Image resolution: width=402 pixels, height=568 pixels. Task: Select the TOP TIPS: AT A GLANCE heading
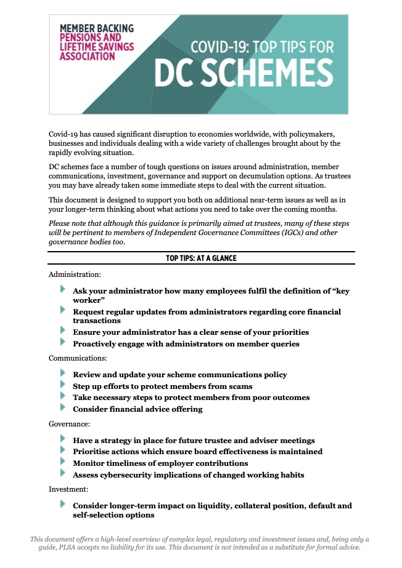(x=201, y=258)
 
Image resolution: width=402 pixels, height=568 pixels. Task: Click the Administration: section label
(x=75, y=273)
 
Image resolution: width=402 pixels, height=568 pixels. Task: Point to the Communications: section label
(x=78, y=358)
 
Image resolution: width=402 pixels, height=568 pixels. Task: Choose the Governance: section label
(x=70, y=423)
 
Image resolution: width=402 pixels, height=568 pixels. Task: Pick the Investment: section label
(x=68, y=490)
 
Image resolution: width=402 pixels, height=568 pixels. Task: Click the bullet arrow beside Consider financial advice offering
(x=63, y=407)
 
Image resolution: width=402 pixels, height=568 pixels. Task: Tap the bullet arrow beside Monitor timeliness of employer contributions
(x=63, y=462)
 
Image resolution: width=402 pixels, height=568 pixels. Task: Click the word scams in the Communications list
(x=240, y=386)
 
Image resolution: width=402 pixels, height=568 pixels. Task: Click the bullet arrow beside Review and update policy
(x=63, y=373)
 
